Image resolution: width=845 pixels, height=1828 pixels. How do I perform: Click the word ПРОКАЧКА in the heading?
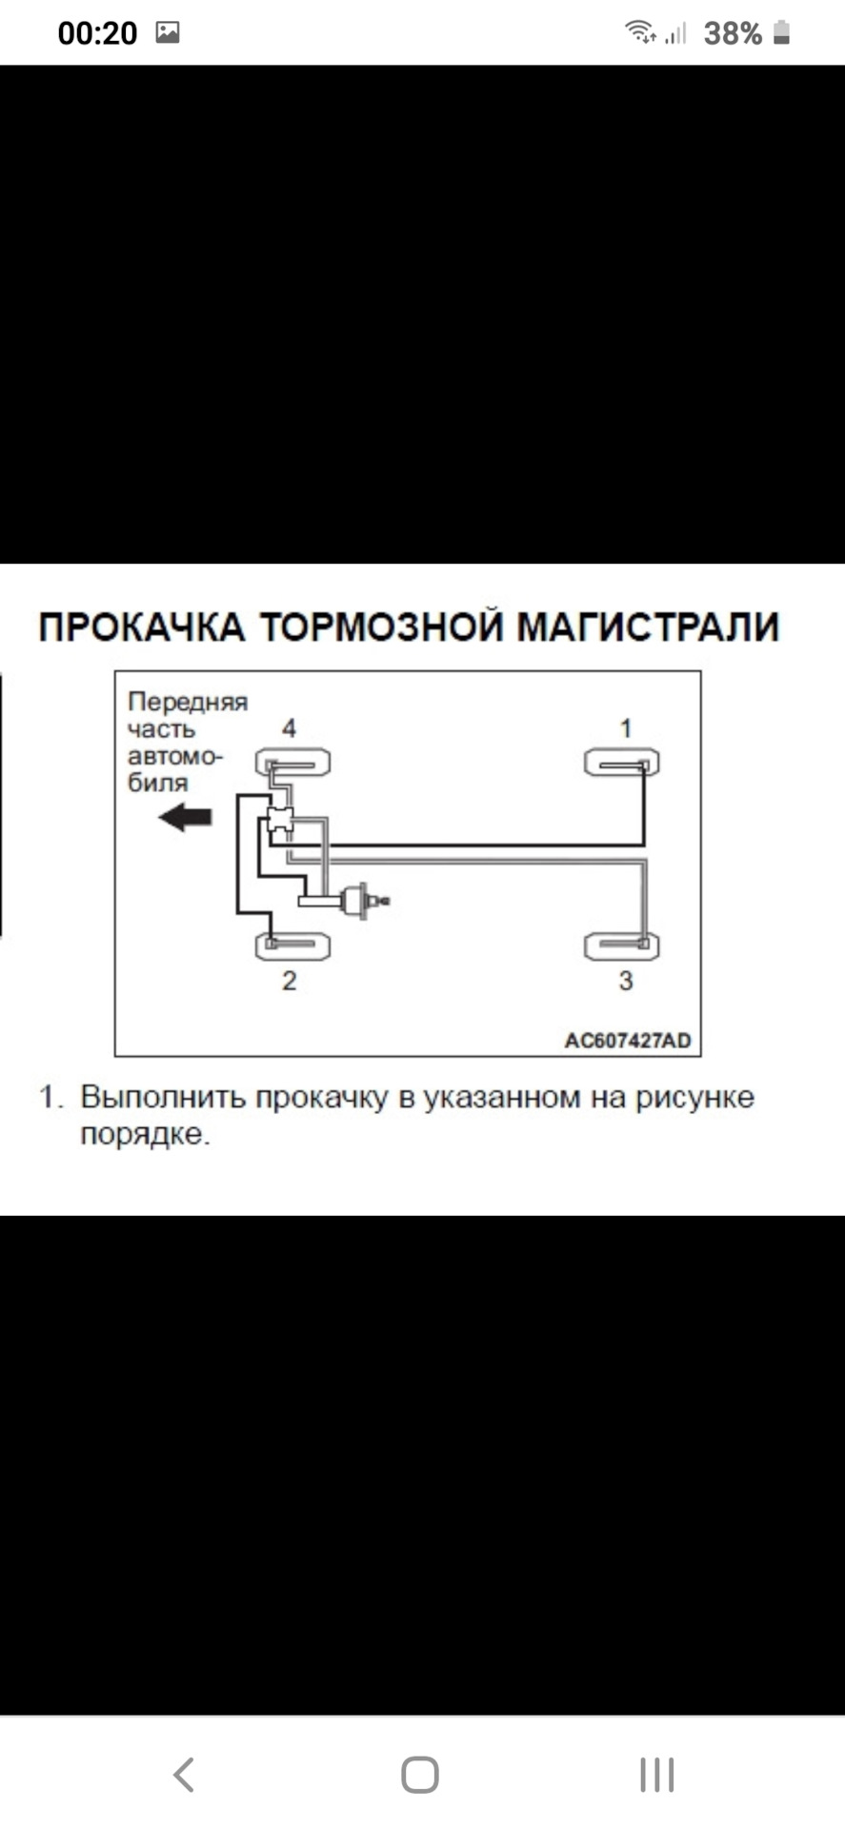pos(142,627)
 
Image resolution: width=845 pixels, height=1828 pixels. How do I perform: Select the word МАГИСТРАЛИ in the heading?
pos(648,627)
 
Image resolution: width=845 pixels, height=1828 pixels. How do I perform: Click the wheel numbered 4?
pos(292,763)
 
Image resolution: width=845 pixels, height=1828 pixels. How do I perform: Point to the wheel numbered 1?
pos(621,763)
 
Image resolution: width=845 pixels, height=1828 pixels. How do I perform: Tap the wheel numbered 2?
pos(292,945)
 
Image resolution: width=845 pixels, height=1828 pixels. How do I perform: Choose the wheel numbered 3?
pos(621,945)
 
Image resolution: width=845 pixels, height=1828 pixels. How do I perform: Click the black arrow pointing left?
pos(185,817)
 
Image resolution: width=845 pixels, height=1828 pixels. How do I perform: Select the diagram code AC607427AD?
pos(627,1040)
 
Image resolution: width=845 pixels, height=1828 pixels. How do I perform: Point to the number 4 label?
pos(289,728)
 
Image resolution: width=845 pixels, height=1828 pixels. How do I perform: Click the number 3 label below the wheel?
pos(626,981)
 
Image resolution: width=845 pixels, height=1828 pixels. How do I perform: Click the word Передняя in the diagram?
pos(187,702)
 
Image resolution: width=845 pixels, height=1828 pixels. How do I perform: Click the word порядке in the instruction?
pos(143,1134)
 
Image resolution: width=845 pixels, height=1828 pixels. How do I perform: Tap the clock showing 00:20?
pos(97,33)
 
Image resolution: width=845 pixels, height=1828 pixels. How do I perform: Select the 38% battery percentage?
pos(732,34)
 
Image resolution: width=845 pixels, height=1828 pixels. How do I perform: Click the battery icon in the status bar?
pos(781,33)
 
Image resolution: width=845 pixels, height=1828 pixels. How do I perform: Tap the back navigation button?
pos(184,1775)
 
